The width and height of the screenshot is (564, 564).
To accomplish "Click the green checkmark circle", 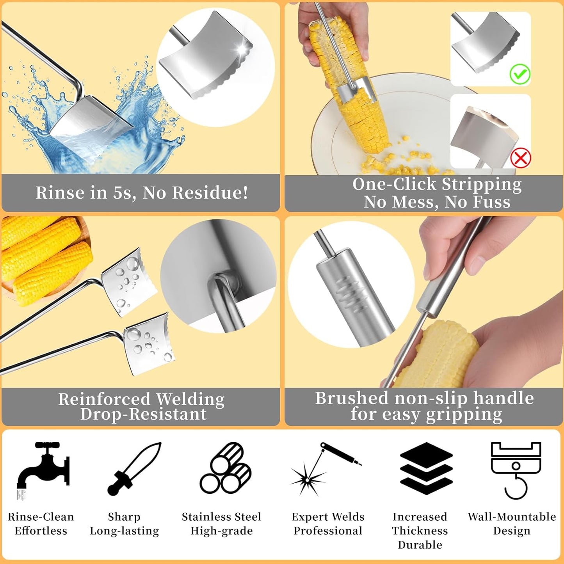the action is [520, 74].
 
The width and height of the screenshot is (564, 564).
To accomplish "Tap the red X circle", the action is [521, 158].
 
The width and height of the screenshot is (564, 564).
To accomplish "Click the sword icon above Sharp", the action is [134, 469].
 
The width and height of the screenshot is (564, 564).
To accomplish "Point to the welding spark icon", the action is [326, 469].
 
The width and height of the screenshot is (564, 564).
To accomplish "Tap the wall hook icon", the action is [516, 470].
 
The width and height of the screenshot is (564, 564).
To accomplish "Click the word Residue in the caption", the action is [210, 192].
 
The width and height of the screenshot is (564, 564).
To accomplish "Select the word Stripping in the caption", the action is [482, 184].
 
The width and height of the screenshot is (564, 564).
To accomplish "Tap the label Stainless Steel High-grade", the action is [222, 524].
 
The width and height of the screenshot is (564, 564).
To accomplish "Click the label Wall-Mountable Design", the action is [512, 524].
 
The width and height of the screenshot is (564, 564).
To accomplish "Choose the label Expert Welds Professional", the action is [328, 524].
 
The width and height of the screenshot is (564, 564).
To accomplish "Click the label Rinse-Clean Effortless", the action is [41, 524].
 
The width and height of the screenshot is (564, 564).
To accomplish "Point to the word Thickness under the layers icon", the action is [420, 531].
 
